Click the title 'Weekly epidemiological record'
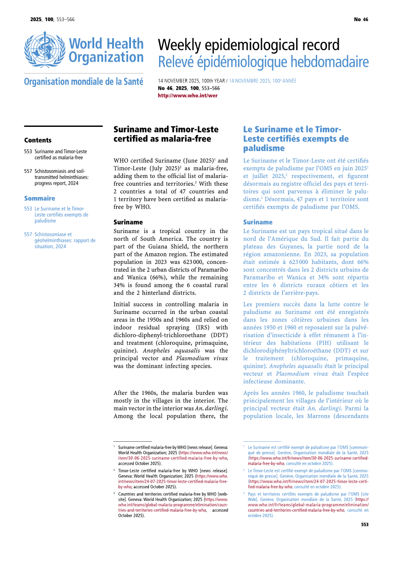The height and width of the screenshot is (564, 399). pyautogui.click(x=249, y=45)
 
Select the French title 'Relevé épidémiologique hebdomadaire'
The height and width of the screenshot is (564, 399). pyautogui.click(x=263, y=62)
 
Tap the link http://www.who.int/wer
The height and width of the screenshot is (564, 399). pyautogui.click(x=188, y=96)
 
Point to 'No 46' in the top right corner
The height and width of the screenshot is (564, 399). pyautogui.click(x=361, y=19)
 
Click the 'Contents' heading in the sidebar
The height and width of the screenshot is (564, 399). pyautogui.click(x=38, y=140)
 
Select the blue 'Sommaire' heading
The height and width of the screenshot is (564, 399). pyautogui.click(x=40, y=199)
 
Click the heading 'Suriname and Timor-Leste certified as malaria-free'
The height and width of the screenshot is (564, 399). pyautogui.click(x=166, y=134)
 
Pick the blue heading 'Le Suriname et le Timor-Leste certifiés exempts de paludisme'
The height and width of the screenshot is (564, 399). pyautogui.click(x=296, y=138)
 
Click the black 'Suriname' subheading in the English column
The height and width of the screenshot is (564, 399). pyautogui.click(x=128, y=222)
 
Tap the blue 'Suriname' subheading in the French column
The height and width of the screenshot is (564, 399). pyautogui.click(x=258, y=222)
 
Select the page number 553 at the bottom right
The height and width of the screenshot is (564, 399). pyautogui.click(x=365, y=524)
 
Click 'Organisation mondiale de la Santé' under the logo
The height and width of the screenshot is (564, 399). pyautogui.click(x=83, y=82)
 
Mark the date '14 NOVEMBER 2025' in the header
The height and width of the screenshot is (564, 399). pyautogui.click(x=179, y=81)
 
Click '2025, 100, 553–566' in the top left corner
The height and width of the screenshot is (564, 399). pyautogui.click(x=52, y=19)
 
